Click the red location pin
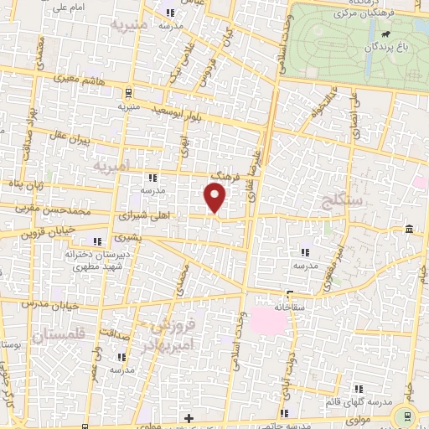click(215, 197)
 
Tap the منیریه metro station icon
click(128, 93)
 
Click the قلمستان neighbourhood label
click(59, 335)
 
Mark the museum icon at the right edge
click(408, 230)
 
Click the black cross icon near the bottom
click(189, 417)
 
